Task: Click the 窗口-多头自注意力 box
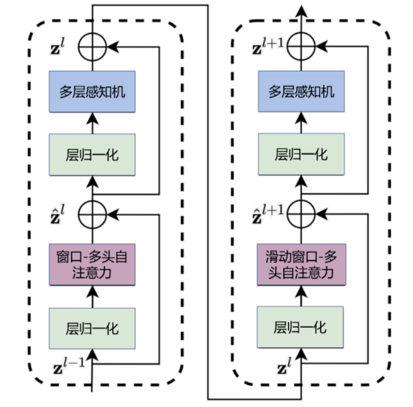(x=92, y=264)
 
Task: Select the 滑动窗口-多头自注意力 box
(x=301, y=264)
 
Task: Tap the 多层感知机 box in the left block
(x=92, y=91)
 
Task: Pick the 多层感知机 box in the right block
(x=301, y=91)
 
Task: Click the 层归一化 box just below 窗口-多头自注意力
(x=92, y=328)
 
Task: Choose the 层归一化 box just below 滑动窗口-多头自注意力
(x=301, y=328)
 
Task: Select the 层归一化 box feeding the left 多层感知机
(x=92, y=155)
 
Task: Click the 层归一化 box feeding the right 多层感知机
(x=301, y=155)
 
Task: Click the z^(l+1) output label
(x=268, y=46)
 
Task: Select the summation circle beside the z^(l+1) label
(x=301, y=46)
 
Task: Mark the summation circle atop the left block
(x=92, y=46)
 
